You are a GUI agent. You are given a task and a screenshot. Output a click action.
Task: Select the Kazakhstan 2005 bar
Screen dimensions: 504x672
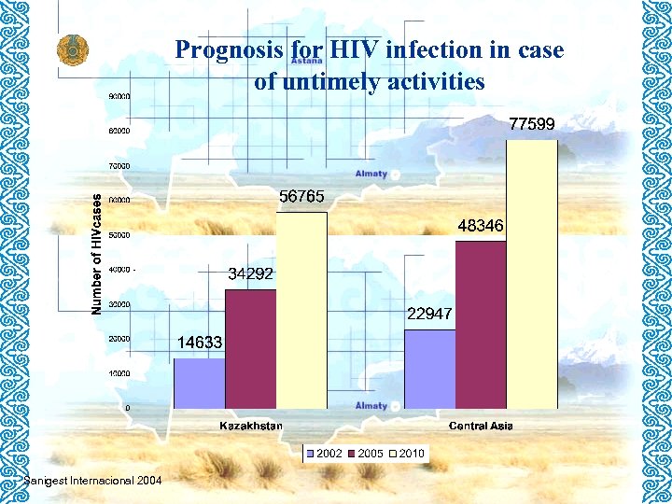tap(250, 349)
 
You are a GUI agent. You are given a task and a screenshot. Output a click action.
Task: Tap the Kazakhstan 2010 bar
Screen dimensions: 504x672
tap(301, 310)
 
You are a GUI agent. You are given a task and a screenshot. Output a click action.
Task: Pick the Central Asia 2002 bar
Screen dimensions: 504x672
tap(429, 369)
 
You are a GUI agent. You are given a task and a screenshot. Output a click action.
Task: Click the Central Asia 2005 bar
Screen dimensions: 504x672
tap(481, 325)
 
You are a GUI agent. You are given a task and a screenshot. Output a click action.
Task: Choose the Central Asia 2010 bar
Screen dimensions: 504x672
tap(531, 274)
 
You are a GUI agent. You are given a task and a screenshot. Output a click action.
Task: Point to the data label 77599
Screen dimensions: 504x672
tap(531, 123)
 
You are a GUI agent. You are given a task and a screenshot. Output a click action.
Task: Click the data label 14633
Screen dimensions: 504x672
tap(200, 343)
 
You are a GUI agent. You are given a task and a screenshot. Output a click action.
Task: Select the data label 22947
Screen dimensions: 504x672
tap(429, 314)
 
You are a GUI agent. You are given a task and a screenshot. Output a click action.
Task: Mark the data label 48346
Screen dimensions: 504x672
tap(481, 226)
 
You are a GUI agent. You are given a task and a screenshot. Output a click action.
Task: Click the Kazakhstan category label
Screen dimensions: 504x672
tap(251, 427)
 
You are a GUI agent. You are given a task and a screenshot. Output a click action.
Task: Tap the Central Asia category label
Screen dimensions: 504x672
tap(481, 427)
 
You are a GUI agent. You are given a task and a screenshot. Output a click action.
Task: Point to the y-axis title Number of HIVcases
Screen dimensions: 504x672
tap(96, 252)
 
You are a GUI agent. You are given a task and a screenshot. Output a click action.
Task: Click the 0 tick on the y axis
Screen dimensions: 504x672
tap(127, 408)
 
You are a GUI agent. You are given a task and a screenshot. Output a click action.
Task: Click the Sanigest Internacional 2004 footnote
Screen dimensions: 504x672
tap(92, 480)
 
